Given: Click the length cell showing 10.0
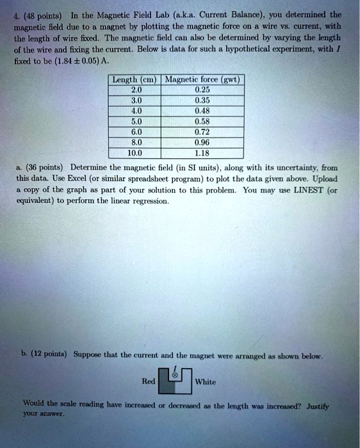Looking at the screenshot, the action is tap(134, 153).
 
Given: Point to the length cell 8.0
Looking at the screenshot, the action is tap(134, 143).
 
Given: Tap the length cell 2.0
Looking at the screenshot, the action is tap(134, 90).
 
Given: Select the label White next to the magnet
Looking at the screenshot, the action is tap(206, 381).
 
